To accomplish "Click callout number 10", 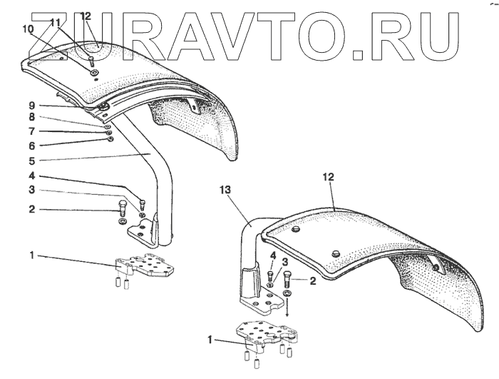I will [28, 29].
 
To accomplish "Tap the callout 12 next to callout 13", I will [328, 176].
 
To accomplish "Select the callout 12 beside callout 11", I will [86, 16].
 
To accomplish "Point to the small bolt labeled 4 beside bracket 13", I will [271, 275].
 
